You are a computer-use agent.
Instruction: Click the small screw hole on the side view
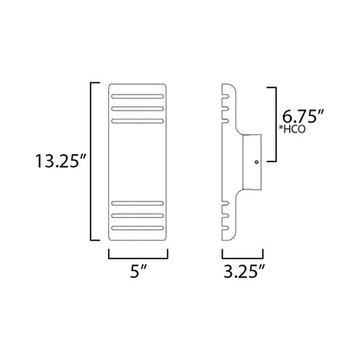(x=256, y=162)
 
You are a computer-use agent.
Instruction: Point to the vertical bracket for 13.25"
(x=93, y=162)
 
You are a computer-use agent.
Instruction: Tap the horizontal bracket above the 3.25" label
(x=243, y=256)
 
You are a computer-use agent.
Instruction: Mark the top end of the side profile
(x=227, y=86)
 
